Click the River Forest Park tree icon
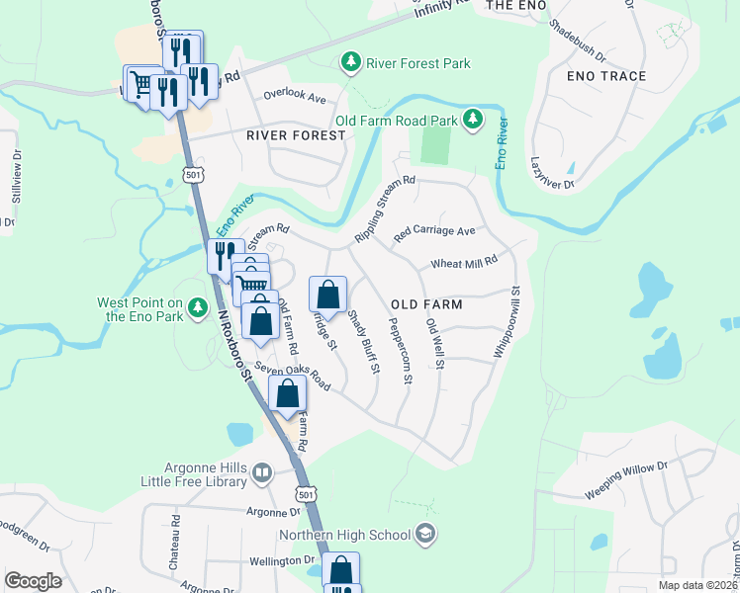pos(350,63)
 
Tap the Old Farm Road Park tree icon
pos(474,121)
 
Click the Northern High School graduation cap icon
pos(425,535)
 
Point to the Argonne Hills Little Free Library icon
pos(262,473)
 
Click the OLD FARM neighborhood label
pos(426,304)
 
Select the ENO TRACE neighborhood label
pos(606,76)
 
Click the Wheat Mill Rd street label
pos(463,264)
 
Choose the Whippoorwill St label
pos(507,323)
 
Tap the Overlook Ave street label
pos(294,98)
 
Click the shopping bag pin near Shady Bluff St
pos(328,295)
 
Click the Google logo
pos(33,581)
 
